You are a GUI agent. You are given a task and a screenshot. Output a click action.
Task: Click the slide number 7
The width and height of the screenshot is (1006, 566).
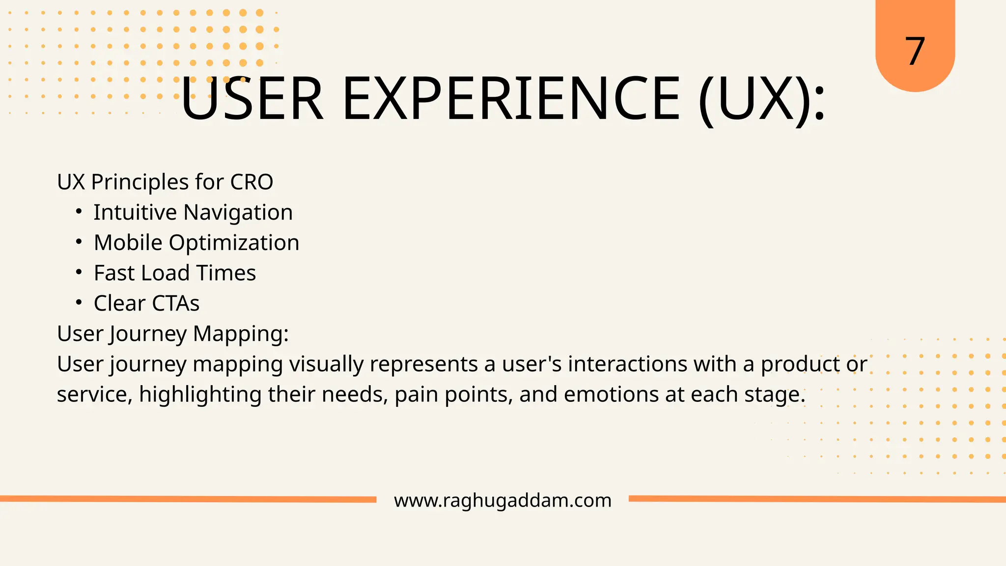[x=915, y=52]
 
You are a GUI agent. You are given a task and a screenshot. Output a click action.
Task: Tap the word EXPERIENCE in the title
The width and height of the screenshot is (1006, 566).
[x=511, y=99]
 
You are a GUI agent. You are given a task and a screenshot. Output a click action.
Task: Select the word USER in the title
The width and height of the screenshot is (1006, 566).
[x=252, y=99]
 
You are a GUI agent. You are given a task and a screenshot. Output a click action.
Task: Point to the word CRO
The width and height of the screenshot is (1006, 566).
[x=251, y=182]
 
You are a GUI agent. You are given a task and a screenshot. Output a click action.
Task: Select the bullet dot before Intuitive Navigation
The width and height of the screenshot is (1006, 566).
[x=79, y=212]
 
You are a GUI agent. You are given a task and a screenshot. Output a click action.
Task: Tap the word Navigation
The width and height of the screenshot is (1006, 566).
[x=238, y=213]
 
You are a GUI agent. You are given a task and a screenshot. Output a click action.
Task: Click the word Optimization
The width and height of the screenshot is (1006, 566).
[x=234, y=243]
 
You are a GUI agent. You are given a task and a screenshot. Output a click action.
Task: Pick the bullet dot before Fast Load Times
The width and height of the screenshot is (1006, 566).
[x=79, y=272]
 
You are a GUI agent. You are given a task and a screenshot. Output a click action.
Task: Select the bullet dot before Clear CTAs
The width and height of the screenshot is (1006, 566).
[x=79, y=303]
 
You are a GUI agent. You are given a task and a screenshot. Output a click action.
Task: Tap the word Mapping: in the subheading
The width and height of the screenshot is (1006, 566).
[x=241, y=334]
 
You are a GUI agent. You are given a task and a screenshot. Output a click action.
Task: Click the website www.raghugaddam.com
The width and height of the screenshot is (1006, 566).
[x=503, y=500]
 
